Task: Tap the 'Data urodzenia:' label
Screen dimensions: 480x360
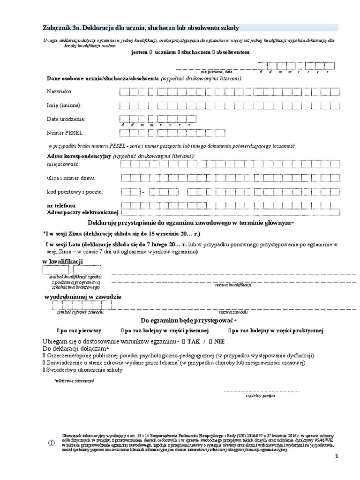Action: pos(66,119)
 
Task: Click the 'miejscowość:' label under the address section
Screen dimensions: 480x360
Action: pos(63,165)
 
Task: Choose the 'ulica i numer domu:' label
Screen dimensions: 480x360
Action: pos(71,178)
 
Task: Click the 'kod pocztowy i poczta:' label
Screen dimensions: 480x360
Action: pos(75,192)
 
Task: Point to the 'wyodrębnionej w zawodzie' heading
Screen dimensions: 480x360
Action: pos(82,297)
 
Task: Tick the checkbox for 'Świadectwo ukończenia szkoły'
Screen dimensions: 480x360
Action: pos(44,370)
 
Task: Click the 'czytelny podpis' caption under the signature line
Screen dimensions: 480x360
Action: pos(261,396)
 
